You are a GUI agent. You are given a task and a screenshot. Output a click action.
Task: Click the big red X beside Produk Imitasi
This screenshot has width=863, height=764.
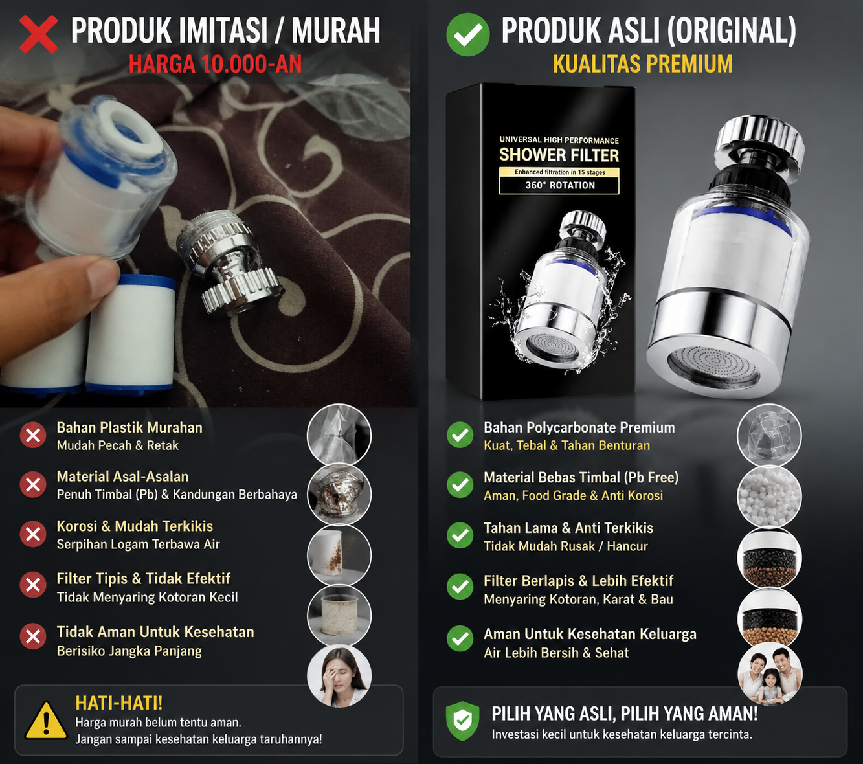[39, 34]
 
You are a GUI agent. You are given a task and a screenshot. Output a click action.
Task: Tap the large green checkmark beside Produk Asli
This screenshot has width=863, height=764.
[467, 34]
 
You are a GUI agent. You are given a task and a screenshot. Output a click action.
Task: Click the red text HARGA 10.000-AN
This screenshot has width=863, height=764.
[215, 64]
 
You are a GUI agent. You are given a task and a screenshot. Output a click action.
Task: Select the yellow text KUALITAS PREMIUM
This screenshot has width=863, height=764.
[642, 64]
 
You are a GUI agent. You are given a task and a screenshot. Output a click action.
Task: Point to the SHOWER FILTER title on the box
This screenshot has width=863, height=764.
[559, 155]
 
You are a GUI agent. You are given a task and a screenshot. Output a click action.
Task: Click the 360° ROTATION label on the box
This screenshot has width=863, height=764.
[560, 185]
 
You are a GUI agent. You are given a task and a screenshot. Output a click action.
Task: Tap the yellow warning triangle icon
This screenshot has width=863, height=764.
[46, 721]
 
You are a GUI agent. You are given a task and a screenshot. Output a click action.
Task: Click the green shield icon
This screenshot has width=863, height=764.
[463, 721]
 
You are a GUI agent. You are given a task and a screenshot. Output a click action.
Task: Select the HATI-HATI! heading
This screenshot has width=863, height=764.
[119, 702]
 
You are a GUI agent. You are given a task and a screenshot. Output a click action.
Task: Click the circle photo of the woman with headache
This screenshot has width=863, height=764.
[339, 676]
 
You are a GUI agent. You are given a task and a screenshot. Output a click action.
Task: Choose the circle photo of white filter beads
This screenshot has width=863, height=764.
[769, 495]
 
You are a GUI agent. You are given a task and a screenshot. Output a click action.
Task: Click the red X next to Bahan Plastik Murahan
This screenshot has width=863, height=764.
[33, 435]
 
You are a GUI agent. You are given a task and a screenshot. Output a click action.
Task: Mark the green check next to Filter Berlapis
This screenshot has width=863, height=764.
[460, 587]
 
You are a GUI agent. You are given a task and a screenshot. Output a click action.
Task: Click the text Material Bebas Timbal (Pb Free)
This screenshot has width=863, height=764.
[581, 477]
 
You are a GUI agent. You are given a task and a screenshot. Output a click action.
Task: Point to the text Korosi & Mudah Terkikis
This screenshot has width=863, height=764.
[135, 526]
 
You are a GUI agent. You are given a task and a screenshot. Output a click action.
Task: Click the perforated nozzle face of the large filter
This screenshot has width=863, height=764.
[713, 366]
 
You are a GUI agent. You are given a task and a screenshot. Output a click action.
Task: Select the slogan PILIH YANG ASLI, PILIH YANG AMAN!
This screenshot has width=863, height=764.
[625, 713]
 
